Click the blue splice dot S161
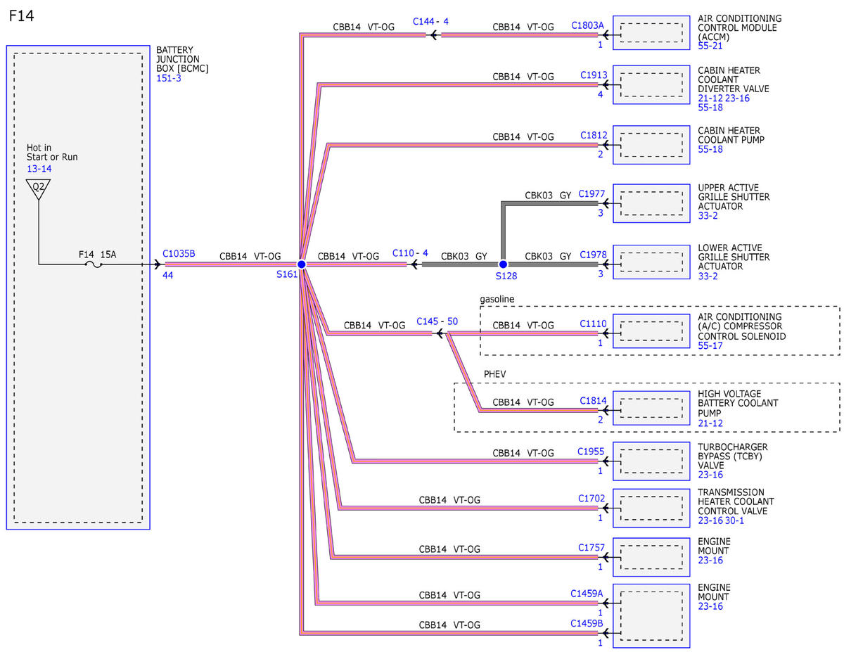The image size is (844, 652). click(x=302, y=264)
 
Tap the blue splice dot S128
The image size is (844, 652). click(x=503, y=264)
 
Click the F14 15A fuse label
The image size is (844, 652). click(x=98, y=255)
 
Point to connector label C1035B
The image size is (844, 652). click(x=179, y=254)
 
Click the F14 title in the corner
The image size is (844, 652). click(x=21, y=16)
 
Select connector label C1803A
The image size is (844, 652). click(x=587, y=25)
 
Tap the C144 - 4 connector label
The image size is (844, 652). click(x=430, y=21)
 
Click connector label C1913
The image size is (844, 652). click(x=594, y=75)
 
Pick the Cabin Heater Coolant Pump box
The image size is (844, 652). click(x=651, y=145)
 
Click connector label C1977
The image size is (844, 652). click(x=592, y=194)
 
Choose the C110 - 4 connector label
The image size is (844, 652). click(x=410, y=253)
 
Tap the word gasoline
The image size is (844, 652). click(x=497, y=300)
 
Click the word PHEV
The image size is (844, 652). click(x=495, y=374)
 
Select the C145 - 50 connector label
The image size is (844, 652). click(x=437, y=321)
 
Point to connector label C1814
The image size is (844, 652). click(x=593, y=401)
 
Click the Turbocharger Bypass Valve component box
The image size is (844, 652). click(x=651, y=461)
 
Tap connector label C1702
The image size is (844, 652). click(x=592, y=498)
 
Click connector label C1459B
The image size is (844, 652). click(x=587, y=623)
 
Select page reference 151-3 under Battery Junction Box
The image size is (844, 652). click(x=169, y=78)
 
